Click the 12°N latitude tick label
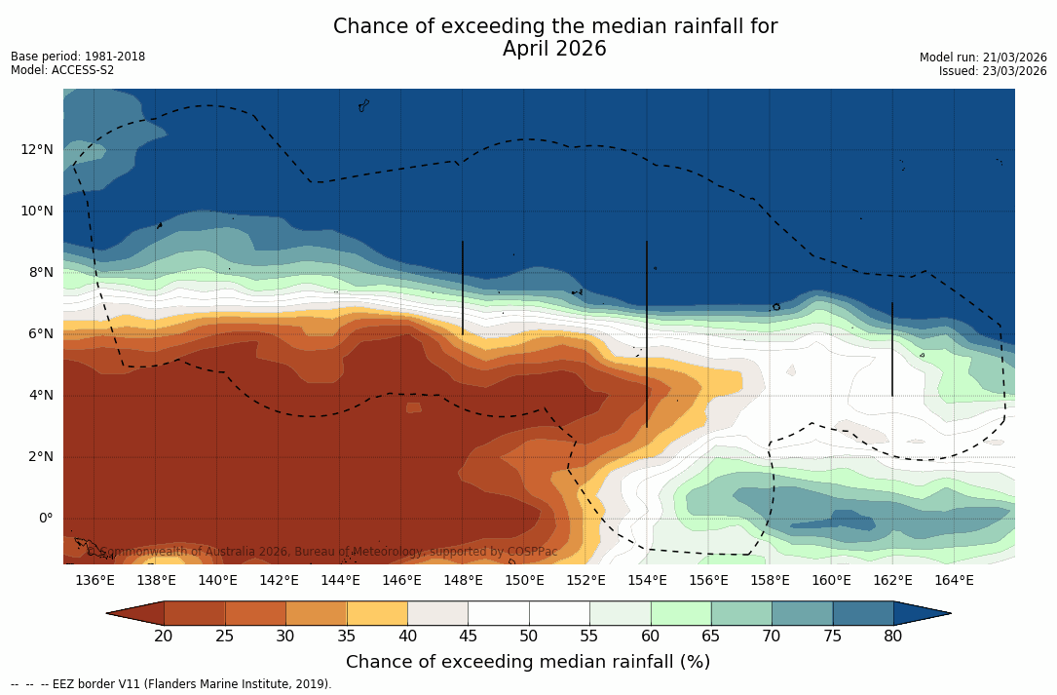click(37, 149)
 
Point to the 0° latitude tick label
click(45, 518)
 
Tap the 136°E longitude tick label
click(94, 581)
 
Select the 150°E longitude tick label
click(524, 581)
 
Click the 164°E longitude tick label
click(954, 581)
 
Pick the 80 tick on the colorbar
click(892, 637)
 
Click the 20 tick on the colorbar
click(164, 637)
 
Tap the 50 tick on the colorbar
click(528, 637)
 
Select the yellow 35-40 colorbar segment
click(376, 613)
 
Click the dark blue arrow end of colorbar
click(922, 613)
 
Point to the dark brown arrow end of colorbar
click(135, 613)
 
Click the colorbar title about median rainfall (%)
click(527, 662)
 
